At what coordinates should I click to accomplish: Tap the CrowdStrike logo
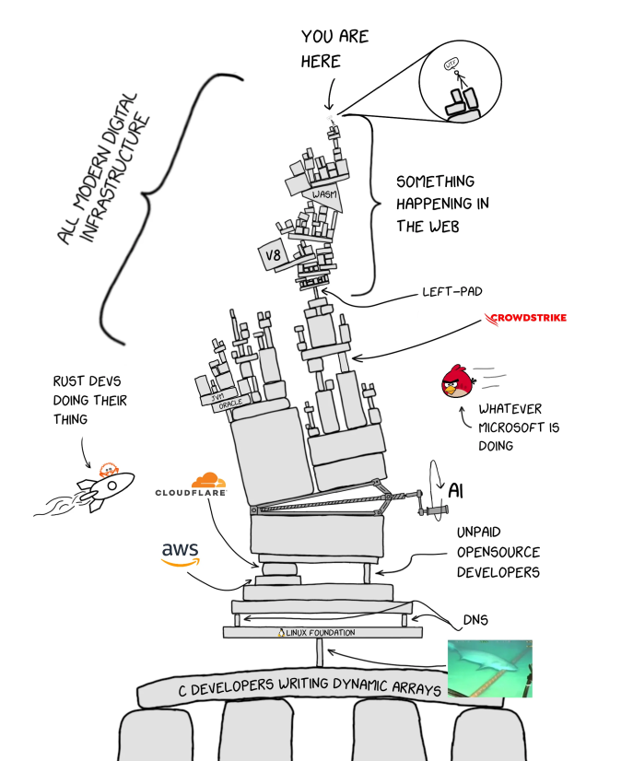point(526,319)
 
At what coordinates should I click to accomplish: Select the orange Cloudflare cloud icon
point(208,479)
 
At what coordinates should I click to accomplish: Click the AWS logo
point(181,553)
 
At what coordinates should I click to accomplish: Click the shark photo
point(489,668)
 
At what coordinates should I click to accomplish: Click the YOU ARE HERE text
point(333,49)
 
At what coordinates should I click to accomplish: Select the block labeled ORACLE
point(222,404)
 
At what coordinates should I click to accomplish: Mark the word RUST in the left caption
point(70,380)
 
